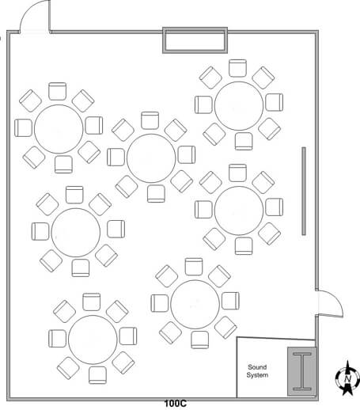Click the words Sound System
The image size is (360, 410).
(257, 371)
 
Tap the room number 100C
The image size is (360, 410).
(176, 404)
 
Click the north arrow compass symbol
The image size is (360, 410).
(347, 378)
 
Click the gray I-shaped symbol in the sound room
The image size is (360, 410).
(302, 371)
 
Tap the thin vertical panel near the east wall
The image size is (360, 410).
(304, 191)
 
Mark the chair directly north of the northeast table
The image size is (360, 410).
(237, 68)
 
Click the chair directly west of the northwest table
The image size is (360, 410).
(24, 128)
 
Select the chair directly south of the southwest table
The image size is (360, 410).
(97, 375)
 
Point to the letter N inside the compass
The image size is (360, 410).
(347, 379)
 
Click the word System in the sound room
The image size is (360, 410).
(257, 375)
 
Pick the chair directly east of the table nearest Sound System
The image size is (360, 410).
(230, 301)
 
